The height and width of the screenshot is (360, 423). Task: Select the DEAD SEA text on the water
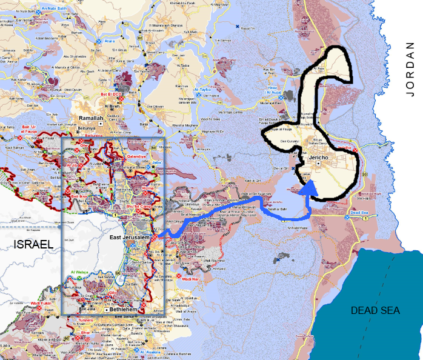tap(376, 310)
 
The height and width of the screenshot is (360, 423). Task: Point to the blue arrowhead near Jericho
tap(308, 188)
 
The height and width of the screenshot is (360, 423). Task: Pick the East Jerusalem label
tap(130, 238)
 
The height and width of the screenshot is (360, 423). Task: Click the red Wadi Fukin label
tap(42, 303)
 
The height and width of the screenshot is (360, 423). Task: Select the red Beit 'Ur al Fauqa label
tap(32, 129)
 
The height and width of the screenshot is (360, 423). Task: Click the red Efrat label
tap(82, 333)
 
